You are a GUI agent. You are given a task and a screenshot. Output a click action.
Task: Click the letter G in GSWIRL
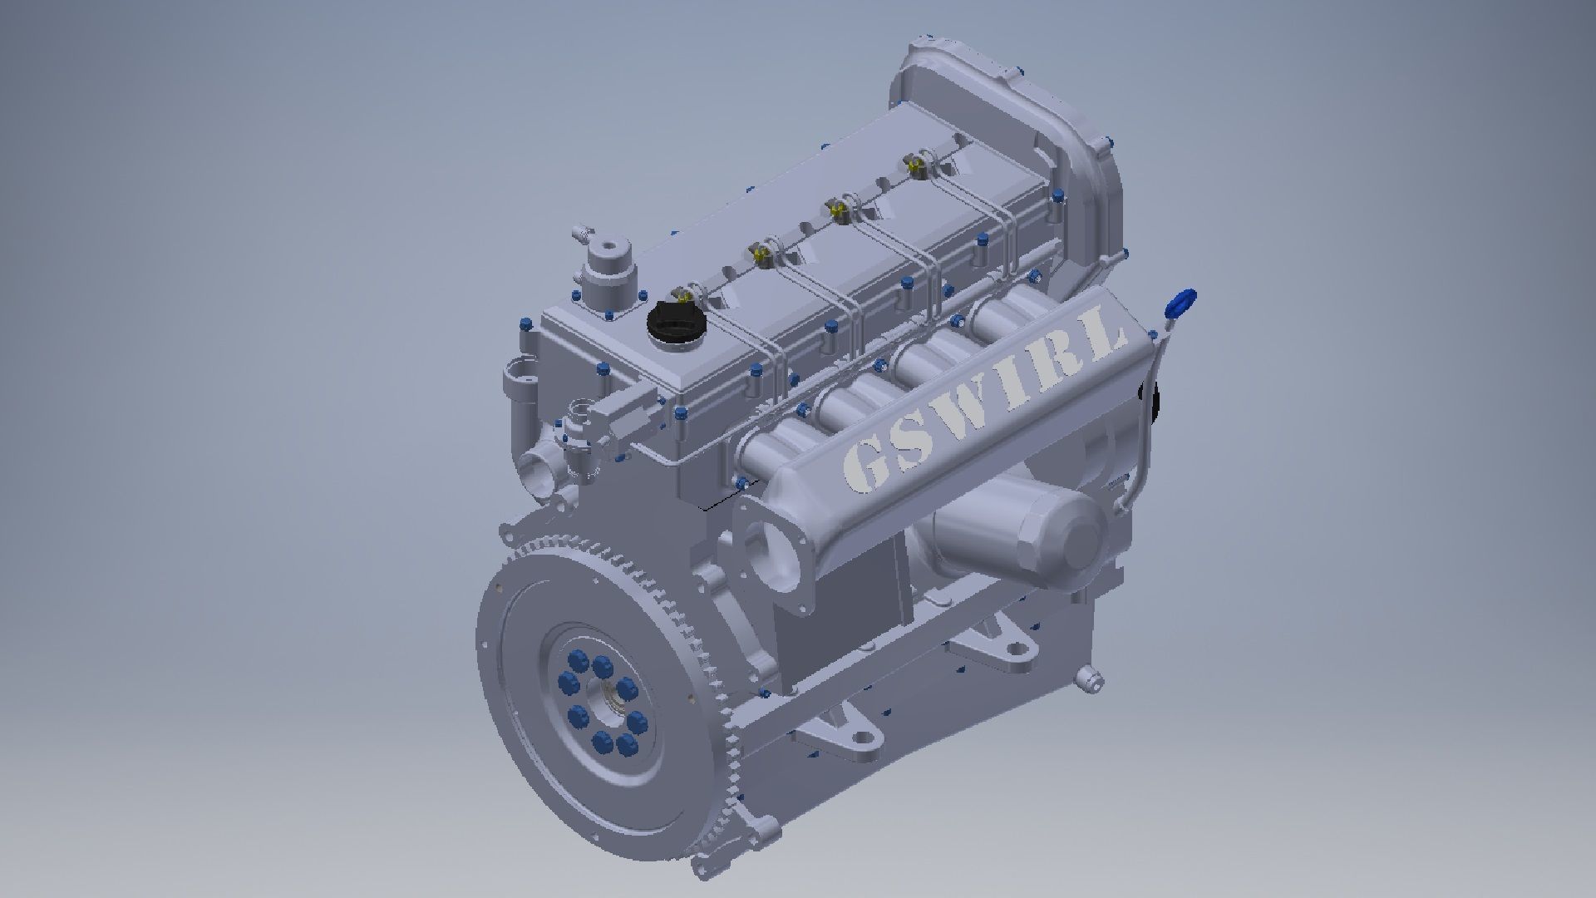(864, 466)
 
